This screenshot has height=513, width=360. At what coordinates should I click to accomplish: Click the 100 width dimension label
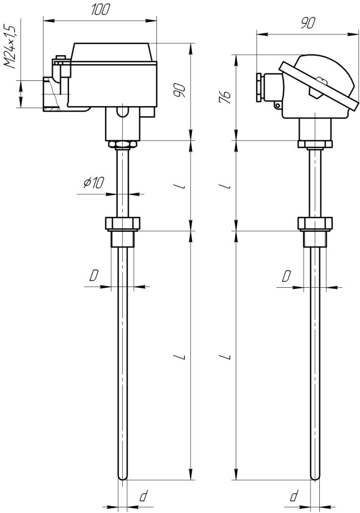pos(99,10)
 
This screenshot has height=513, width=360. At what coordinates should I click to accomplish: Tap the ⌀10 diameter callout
pos(93,183)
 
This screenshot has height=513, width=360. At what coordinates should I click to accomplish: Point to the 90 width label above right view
pos(307,23)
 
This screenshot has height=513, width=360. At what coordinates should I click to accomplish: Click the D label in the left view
pos(94,276)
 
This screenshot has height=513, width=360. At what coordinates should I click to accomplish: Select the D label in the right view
pos(287,276)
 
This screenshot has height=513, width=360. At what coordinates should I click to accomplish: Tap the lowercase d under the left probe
pos(143,496)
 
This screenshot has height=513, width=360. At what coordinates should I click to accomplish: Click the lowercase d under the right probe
pos(294,496)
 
